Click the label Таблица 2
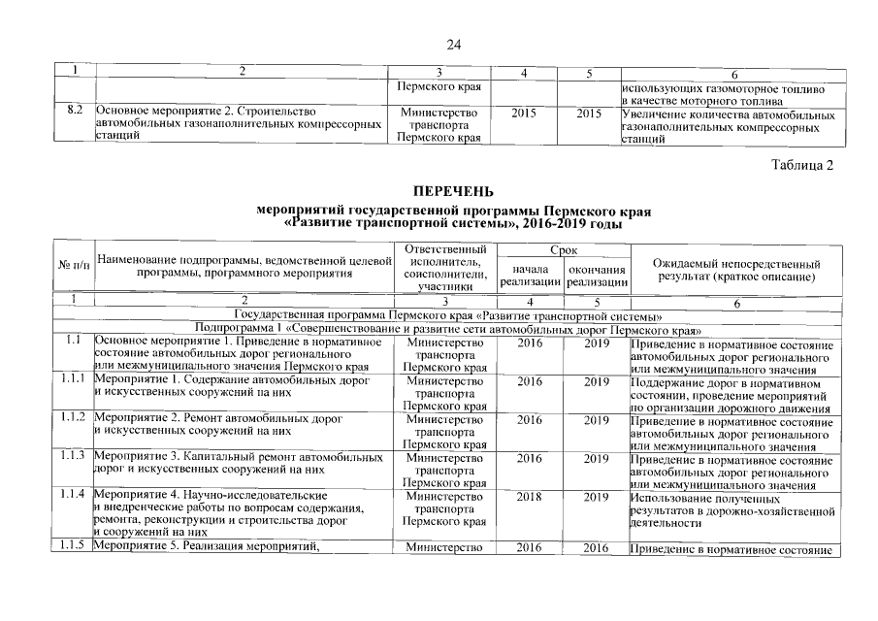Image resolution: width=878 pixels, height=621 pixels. [802, 164]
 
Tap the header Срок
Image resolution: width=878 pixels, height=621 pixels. [564, 250]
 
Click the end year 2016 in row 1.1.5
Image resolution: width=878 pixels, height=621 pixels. [597, 549]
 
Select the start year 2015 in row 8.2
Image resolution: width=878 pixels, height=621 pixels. [523, 114]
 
